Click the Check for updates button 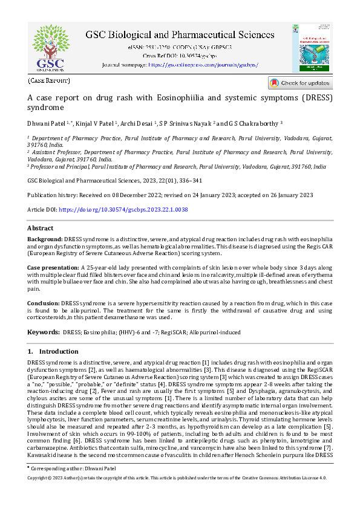coord(299,83)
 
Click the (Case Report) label coord(49,80)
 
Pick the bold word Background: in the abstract coord(45,239)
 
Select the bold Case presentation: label coord(53,266)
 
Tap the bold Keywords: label coord(43,332)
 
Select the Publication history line coord(170,195)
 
